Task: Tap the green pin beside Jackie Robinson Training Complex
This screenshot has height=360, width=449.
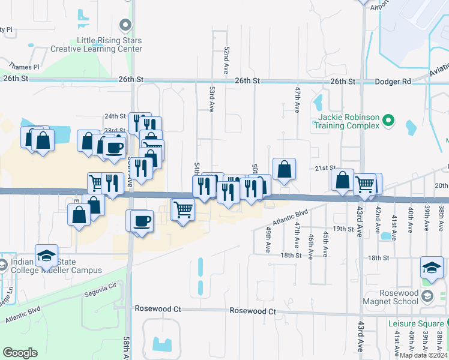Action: (x=388, y=121)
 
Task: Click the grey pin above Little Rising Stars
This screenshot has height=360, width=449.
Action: (x=125, y=25)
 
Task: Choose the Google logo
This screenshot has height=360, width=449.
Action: (x=20, y=352)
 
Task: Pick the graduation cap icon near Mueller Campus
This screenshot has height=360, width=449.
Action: (x=46, y=256)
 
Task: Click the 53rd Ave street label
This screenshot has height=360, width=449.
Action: (x=212, y=96)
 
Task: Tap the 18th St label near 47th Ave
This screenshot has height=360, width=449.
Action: (x=291, y=256)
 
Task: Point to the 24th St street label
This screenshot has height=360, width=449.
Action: (x=115, y=116)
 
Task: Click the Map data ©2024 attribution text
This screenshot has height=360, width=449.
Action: (x=423, y=355)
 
